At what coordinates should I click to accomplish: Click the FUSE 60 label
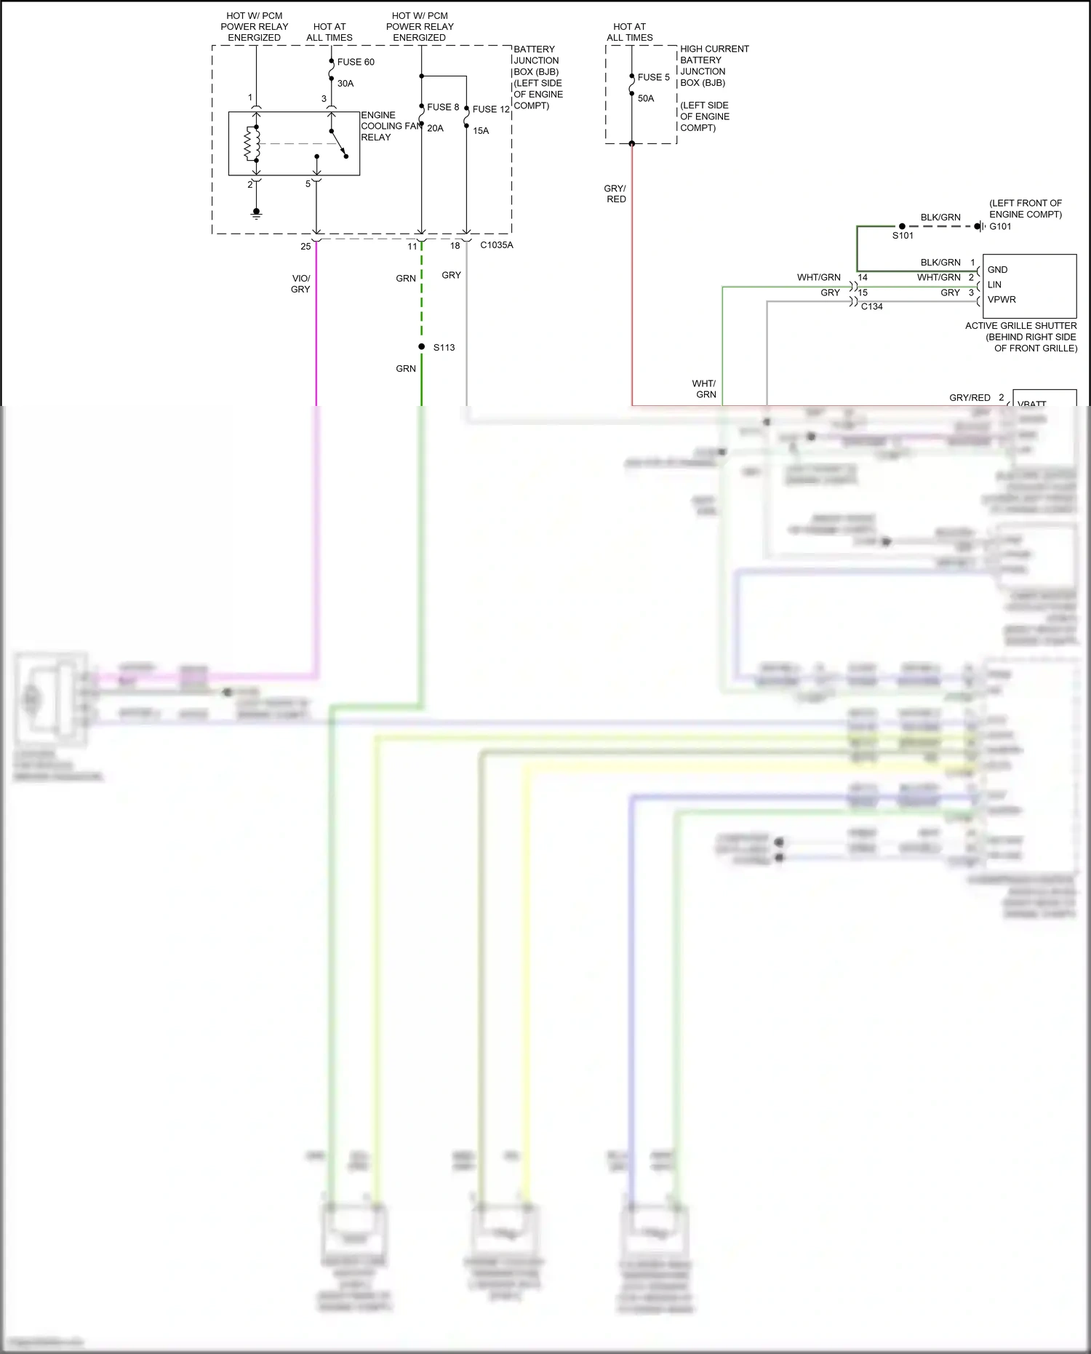point(356,62)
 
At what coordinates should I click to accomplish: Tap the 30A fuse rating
point(345,84)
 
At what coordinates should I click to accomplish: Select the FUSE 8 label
point(443,107)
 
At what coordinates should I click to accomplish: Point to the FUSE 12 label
point(491,109)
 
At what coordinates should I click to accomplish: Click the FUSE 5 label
point(653,77)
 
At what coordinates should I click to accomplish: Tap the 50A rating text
point(646,98)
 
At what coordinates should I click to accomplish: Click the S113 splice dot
point(422,347)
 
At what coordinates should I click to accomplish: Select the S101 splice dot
point(902,226)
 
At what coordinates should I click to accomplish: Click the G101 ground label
point(1000,226)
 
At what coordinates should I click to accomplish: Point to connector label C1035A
point(497,245)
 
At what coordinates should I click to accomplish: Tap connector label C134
point(871,306)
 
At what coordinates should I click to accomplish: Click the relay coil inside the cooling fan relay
point(252,144)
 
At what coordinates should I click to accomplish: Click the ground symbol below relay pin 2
point(256,213)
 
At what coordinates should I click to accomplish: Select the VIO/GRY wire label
point(300,284)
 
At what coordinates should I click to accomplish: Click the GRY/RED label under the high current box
point(615,194)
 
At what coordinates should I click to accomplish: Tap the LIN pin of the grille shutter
point(994,284)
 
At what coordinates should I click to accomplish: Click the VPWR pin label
point(1002,300)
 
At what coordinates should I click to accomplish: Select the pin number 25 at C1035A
point(305,247)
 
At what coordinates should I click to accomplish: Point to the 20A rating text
point(435,128)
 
